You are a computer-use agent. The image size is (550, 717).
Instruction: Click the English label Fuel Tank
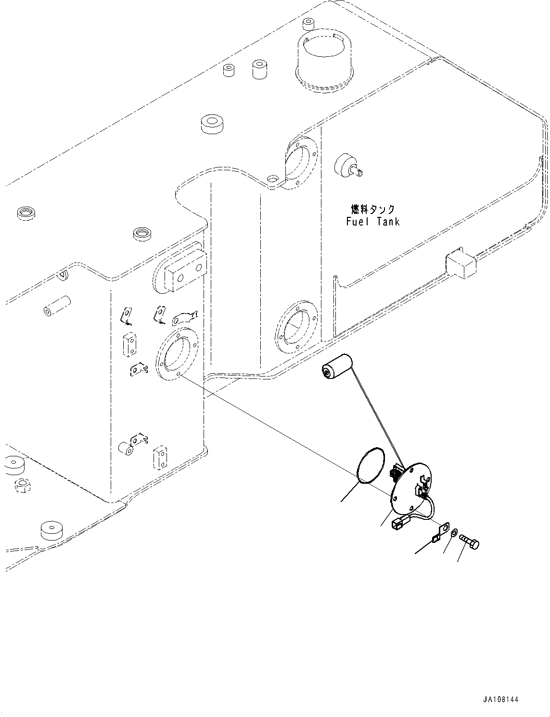pyautogui.click(x=373, y=222)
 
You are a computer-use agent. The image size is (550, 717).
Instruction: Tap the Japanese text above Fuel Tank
pyautogui.click(x=373, y=210)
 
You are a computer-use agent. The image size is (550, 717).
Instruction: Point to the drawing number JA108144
pyautogui.click(x=500, y=700)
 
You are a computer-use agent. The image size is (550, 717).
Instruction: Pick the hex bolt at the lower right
pyautogui.click(x=470, y=542)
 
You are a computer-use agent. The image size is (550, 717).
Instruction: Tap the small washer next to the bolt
pyautogui.click(x=454, y=532)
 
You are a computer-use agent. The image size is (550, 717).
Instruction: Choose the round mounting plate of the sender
pyautogui.click(x=410, y=487)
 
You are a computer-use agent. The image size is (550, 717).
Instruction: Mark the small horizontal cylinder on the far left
pyautogui.click(x=57, y=306)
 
